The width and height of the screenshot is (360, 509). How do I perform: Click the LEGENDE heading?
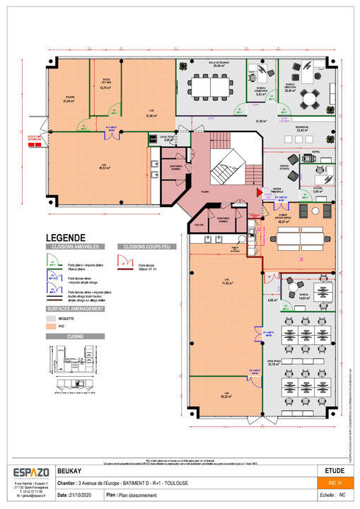click(66, 238)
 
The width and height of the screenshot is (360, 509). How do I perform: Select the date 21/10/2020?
click(83, 495)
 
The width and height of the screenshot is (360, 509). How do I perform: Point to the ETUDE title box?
click(335, 469)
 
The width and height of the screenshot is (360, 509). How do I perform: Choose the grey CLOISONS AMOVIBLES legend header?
click(76, 247)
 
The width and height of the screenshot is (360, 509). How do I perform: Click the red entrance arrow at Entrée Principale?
click(258, 191)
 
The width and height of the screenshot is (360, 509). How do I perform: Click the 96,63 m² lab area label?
click(104, 168)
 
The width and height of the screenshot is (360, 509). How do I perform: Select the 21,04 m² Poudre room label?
click(69, 100)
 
